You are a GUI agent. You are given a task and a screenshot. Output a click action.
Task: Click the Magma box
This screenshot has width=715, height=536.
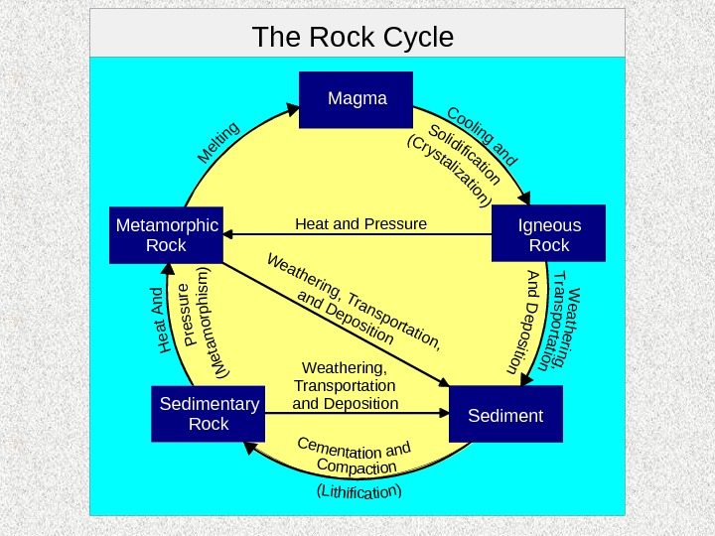tap(357, 99)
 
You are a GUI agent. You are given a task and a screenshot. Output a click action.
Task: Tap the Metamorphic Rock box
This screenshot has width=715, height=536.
tap(167, 235)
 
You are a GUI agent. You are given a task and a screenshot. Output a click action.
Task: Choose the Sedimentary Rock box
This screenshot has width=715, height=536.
tap(209, 414)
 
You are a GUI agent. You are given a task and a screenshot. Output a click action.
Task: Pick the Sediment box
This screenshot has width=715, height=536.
tap(506, 415)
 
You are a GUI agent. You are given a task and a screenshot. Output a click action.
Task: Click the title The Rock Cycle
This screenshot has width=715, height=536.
tap(353, 38)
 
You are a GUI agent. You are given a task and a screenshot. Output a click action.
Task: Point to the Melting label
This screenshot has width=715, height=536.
tap(218, 142)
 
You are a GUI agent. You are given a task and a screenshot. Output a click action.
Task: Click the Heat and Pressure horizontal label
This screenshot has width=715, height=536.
tap(360, 223)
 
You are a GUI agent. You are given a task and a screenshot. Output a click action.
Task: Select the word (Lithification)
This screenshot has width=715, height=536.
tap(358, 490)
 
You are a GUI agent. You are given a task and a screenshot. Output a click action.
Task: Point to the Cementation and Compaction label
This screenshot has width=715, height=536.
tap(355, 456)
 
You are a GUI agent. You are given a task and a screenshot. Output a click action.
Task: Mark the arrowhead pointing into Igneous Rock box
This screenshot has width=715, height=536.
tap(525, 198)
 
